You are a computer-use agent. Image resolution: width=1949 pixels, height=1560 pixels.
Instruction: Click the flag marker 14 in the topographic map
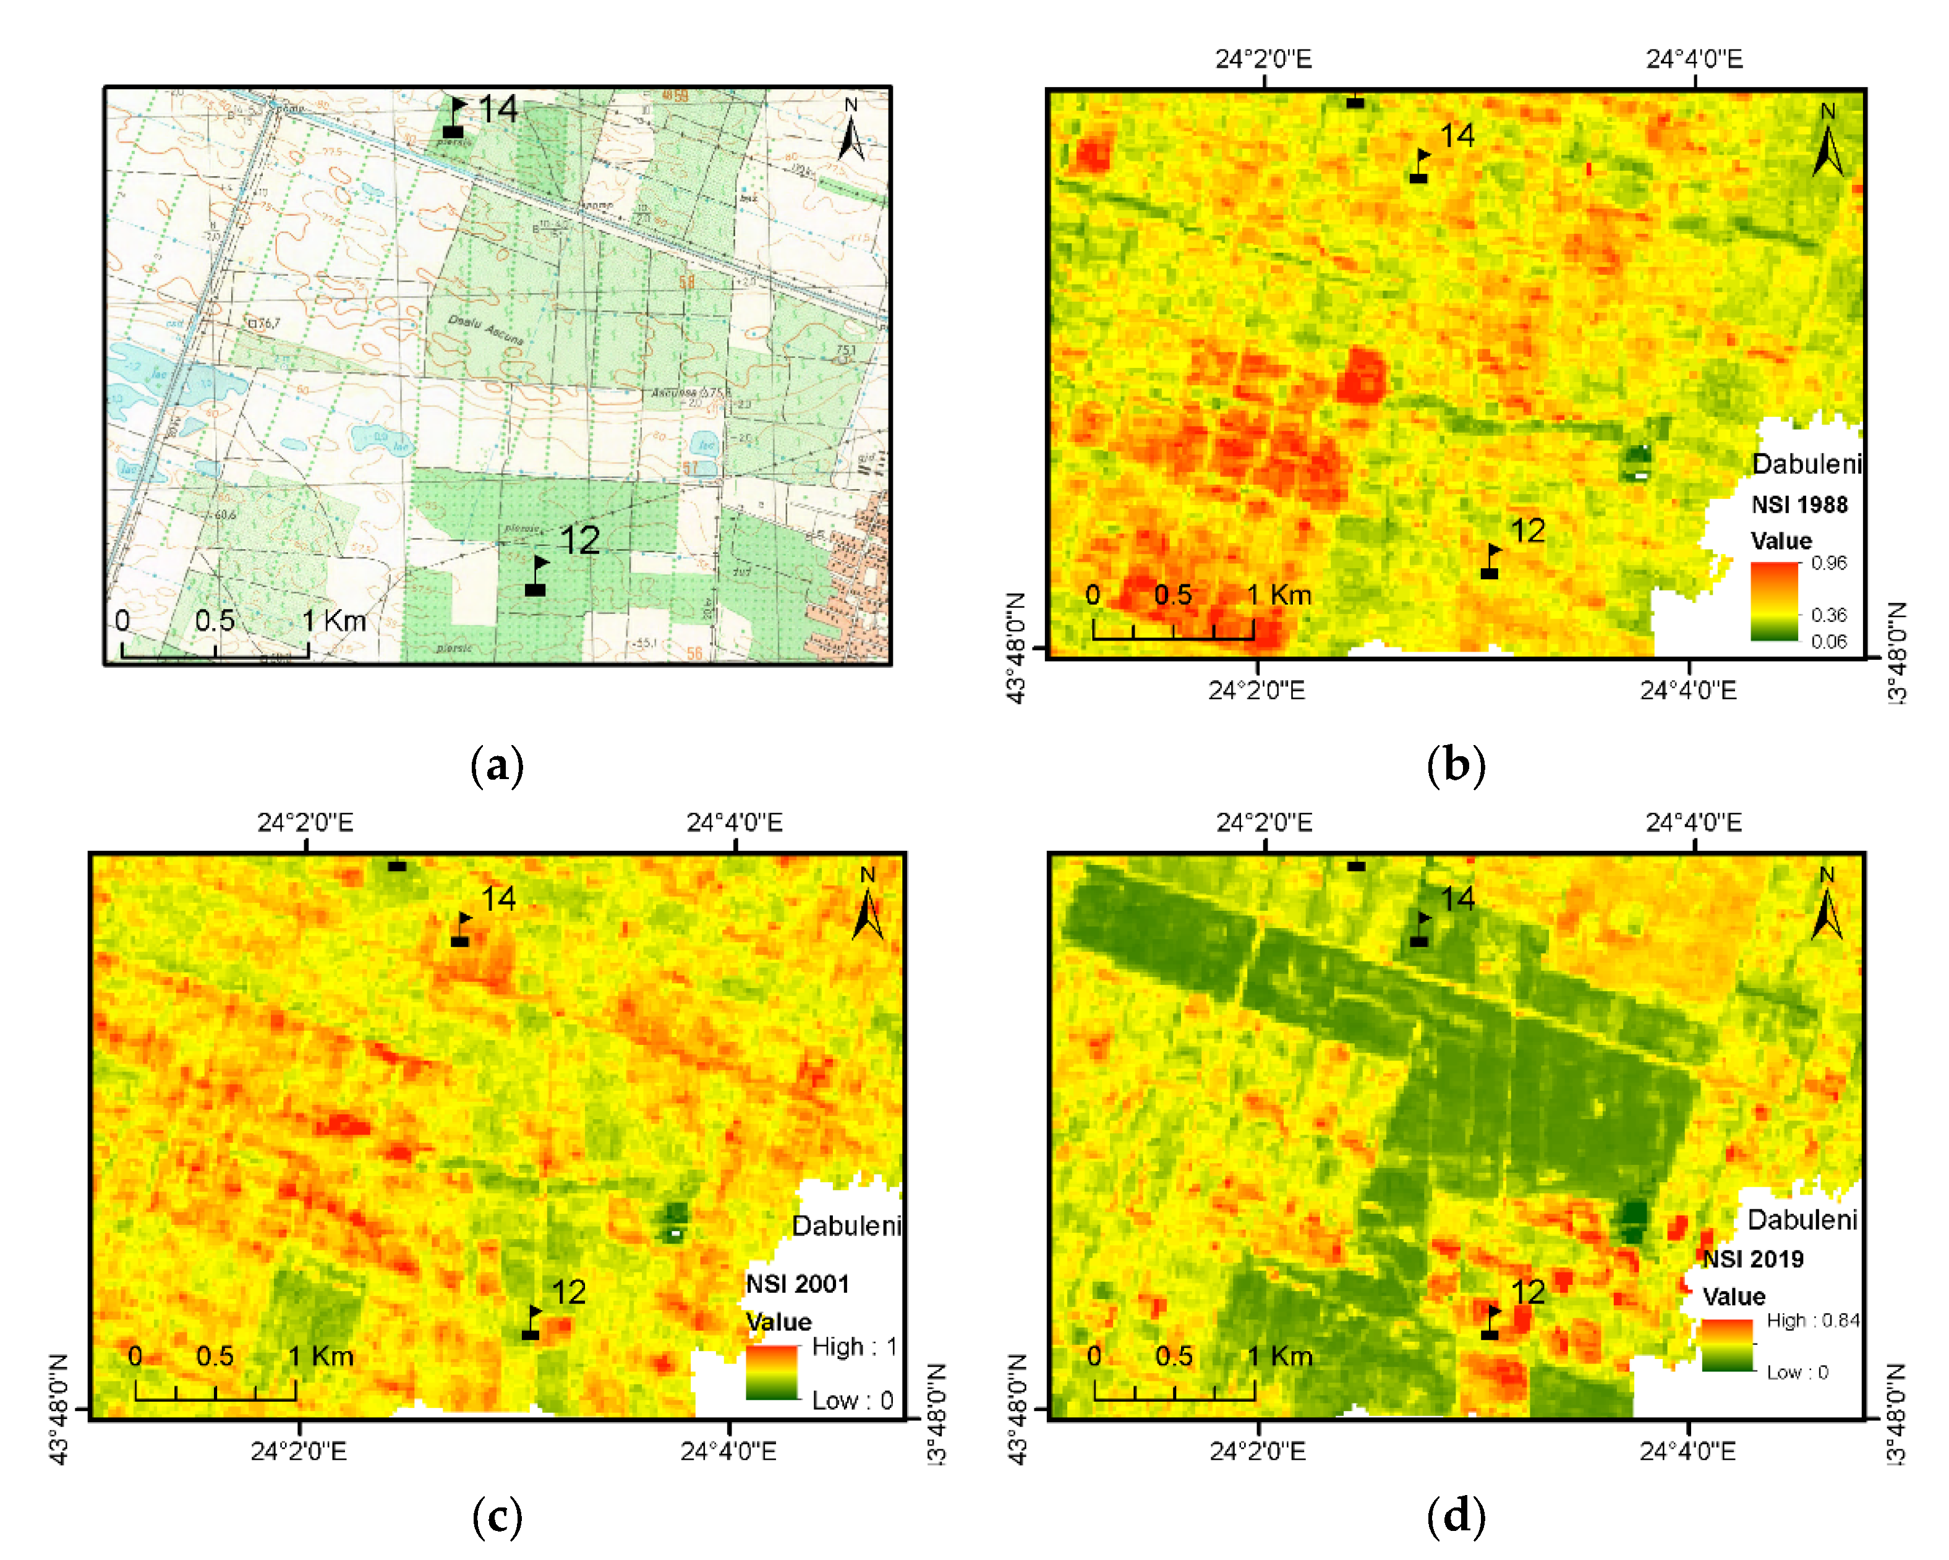(x=454, y=118)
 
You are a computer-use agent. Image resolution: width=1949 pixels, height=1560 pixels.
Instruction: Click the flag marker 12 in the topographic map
(x=537, y=576)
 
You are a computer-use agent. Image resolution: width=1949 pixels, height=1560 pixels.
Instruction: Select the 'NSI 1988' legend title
(x=1799, y=505)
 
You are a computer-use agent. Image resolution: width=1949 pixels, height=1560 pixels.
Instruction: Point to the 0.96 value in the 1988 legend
(x=1829, y=563)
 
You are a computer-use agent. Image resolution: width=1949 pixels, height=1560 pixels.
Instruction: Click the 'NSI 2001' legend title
(x=797, y=1284)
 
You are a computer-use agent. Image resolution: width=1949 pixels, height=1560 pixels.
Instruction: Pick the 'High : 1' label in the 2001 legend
(x=853, y=1347)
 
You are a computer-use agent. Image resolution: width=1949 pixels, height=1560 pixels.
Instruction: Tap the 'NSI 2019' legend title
(x=1753, y=1259)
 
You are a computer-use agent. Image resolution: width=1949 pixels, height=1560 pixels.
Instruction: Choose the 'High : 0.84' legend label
(x=1812, y=1321)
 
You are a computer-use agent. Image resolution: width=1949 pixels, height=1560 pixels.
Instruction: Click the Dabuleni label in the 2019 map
(x=1802, y=1220)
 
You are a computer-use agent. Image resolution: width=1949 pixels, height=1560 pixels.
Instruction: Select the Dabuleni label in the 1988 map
(x=1806, y=464)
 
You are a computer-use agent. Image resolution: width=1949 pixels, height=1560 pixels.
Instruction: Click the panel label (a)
(x=497, y=765)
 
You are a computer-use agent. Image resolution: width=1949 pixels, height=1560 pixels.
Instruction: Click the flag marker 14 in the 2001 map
(x=461, y=929)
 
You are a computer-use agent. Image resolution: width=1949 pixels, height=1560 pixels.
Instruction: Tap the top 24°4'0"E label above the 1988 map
(x=1693, y=59)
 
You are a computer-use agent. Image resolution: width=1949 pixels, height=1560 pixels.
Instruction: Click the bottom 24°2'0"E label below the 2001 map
(x=298, y=1452)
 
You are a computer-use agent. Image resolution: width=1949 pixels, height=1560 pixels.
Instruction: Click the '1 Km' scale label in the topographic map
(x=333, y=621)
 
